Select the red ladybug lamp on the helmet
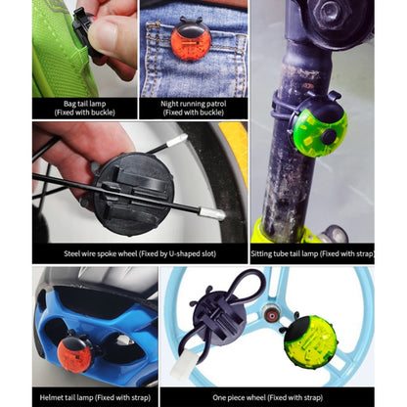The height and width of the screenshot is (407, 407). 74,353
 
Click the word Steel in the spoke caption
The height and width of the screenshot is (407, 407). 73,253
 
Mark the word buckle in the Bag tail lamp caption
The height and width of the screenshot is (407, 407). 94,113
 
